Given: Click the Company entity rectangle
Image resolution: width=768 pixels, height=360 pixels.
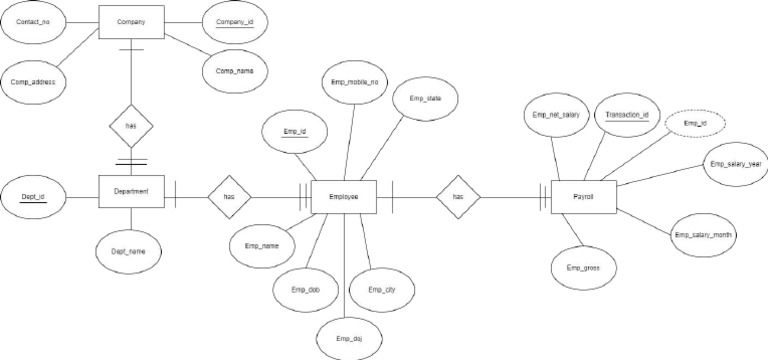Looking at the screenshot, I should click(132, 21).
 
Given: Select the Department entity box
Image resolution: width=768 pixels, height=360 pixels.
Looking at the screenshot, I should click(132, 192).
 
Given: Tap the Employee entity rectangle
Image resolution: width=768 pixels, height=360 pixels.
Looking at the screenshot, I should click(343, 198).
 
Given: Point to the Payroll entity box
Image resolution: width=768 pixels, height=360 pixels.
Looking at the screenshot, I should click(584, 197).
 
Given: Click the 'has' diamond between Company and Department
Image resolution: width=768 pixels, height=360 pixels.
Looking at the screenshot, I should click(132, 127).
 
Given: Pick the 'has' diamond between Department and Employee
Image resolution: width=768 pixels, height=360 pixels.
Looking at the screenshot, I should click(229, 197).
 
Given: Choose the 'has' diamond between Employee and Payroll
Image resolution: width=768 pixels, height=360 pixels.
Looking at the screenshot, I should click(459, 197).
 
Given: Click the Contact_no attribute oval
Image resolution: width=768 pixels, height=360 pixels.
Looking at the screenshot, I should click(34, 21).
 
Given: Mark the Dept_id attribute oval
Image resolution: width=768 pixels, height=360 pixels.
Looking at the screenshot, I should click(34, 197).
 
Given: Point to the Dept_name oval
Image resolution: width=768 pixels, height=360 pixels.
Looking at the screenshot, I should click(129, 251).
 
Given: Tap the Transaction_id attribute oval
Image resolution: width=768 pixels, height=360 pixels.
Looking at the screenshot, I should click(627, 116).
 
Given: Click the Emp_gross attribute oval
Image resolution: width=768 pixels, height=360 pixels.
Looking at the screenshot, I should click(582, 267).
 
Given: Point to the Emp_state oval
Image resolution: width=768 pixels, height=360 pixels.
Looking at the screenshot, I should click(425, 99).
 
